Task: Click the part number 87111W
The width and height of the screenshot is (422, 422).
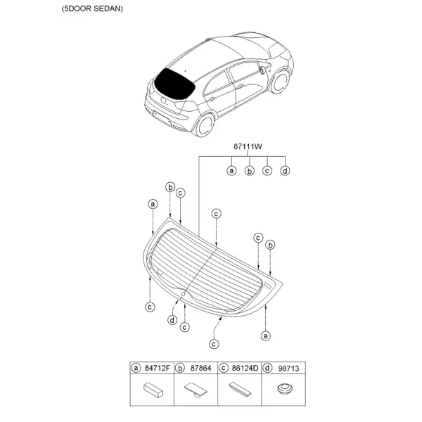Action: click(248, 147)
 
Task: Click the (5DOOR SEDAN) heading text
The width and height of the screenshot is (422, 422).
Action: click(92, 9)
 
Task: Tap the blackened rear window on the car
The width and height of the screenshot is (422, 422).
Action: click(174, 84)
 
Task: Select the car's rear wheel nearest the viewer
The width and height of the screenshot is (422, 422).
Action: click(205, 124)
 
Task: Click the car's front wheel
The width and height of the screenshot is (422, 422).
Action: click(281, 82)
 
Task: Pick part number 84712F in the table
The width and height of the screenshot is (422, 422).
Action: click(158, 368)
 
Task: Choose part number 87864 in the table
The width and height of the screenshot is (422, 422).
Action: click(200, 368)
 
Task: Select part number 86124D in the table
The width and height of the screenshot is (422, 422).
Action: click(245, 368)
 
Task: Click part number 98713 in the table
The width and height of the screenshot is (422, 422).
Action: click(288, 368)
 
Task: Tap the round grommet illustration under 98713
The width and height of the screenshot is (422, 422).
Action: click(284, 389)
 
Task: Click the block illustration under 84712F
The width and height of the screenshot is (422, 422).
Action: click(153, 390)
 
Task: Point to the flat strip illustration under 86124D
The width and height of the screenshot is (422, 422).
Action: click(240, 390)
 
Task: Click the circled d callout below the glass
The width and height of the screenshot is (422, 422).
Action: click(172, 320)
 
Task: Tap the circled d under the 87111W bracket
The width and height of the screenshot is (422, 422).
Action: click(285, 171)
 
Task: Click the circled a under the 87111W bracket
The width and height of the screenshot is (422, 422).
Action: click(231, 171)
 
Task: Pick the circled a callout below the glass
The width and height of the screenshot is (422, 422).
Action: click(266, 336)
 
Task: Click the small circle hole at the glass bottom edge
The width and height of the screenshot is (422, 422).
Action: click(184, 294)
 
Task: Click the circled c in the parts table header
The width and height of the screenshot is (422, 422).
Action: click(224, 368)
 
